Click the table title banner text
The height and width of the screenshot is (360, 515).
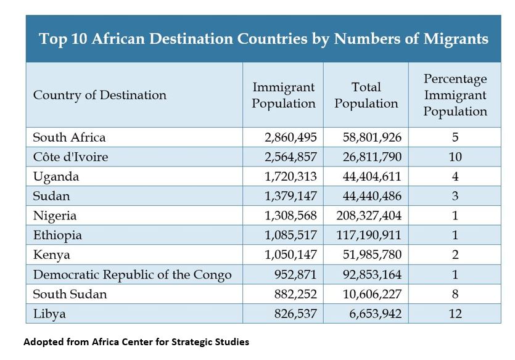coord(263,39)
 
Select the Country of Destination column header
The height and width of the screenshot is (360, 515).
coord(99,95)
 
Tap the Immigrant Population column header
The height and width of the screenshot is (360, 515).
coord(283,95)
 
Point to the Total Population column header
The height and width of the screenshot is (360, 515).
coord(366,95)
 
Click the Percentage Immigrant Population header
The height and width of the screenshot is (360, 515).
coord(455,95)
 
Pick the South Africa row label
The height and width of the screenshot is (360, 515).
coord(69,137)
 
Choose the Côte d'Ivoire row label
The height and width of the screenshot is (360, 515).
coord(70,157)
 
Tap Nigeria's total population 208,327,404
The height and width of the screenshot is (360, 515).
coord(369,216)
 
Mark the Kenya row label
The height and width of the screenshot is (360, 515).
coord(52,255)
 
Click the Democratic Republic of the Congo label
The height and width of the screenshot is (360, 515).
coord(132,274)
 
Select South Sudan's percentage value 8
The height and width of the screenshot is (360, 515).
coord(455,294)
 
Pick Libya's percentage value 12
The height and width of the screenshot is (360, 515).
coord(455,314)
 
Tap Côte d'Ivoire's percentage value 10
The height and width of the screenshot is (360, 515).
coord(455,157)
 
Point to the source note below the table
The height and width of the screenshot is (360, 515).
coord(136,342)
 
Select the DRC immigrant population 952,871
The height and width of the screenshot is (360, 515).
coord(295,274)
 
